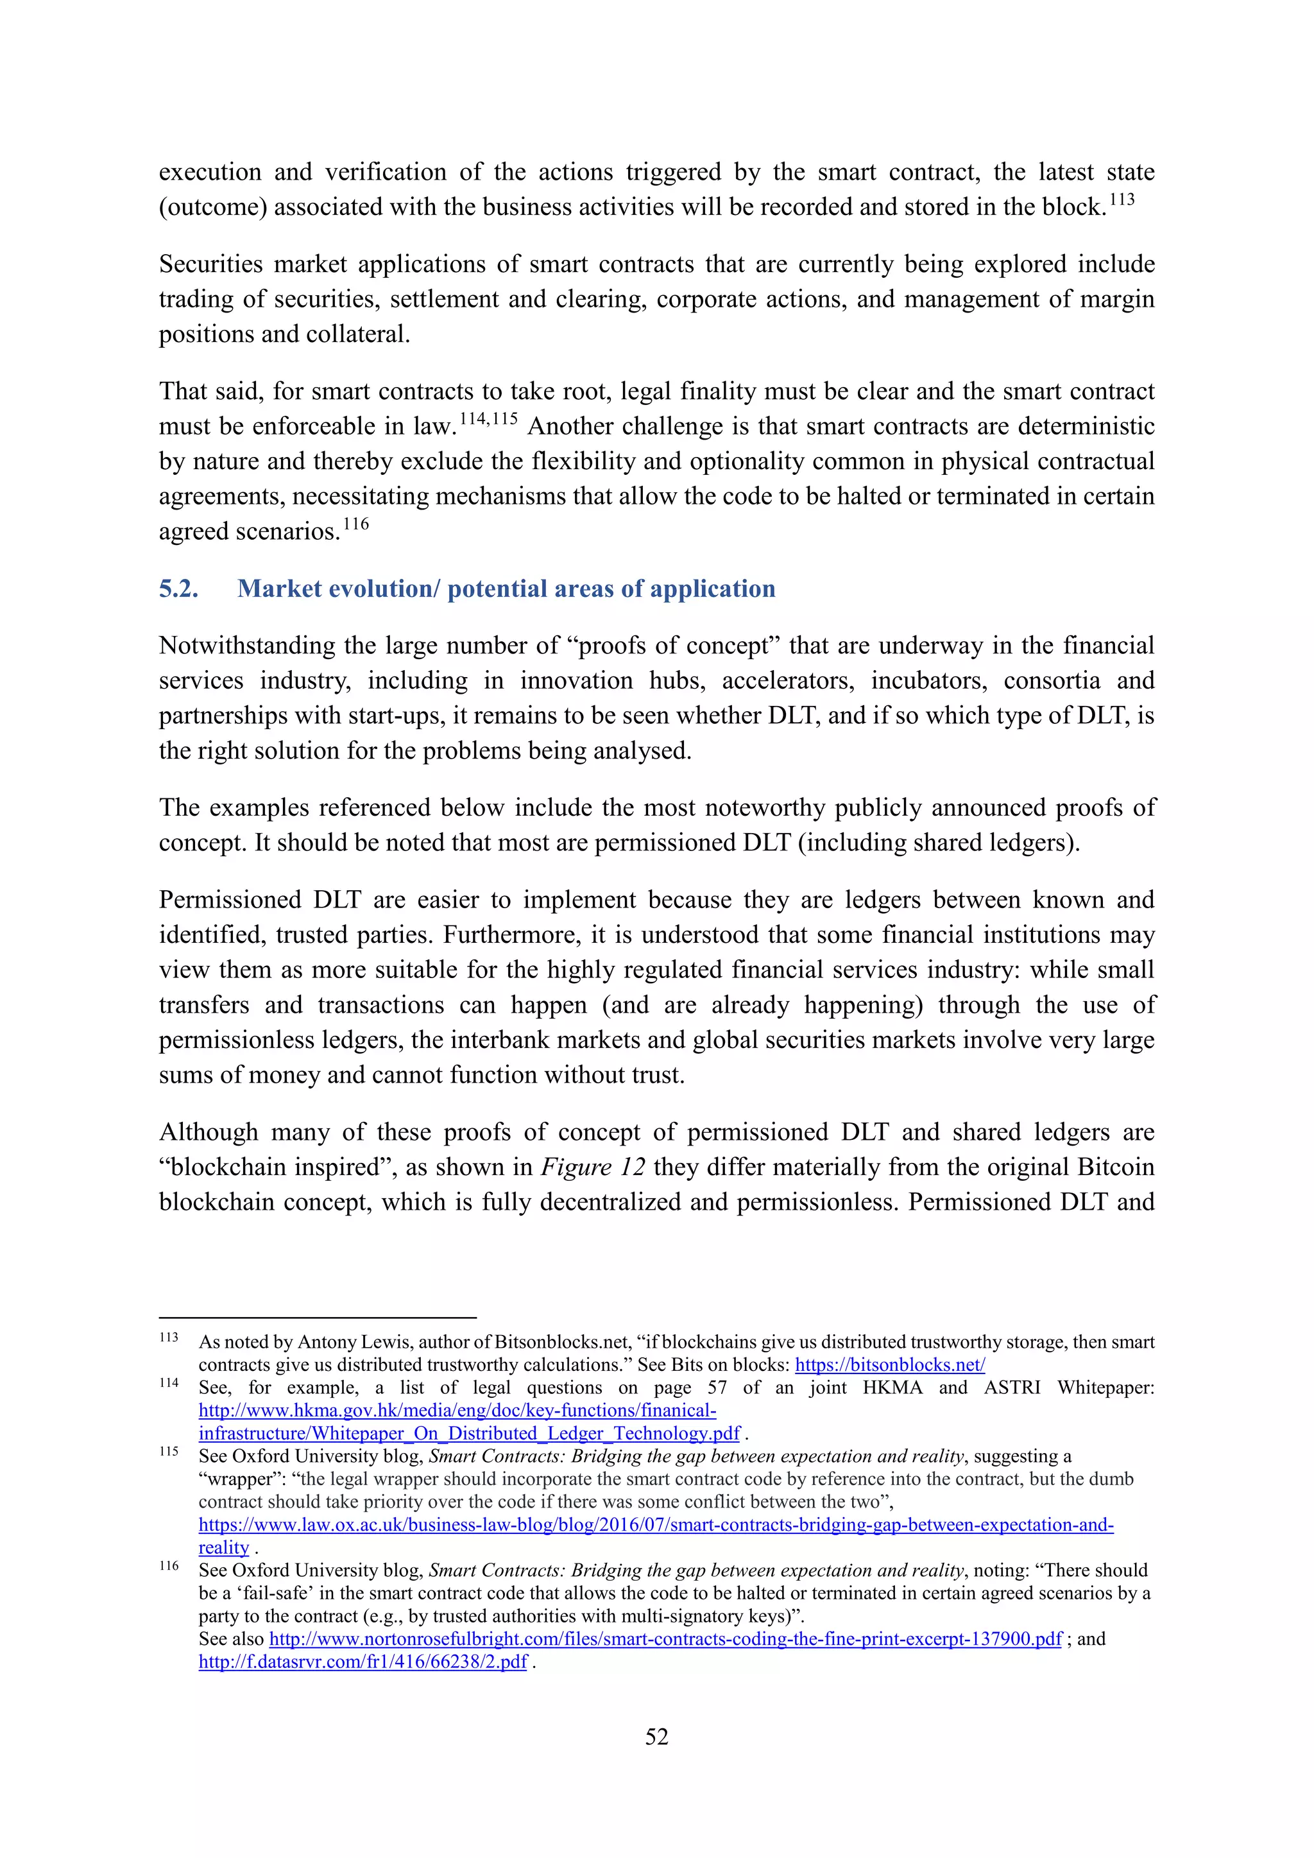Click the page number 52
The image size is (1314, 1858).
[656, 1737]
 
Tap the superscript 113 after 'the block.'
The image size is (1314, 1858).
[1122, 200]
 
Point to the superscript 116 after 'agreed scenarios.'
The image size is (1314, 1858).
[355, 524]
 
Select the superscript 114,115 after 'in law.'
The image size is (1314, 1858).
[488, 419]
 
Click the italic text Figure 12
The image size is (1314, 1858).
[592, 1167]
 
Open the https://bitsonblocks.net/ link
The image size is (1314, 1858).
[889, 1364]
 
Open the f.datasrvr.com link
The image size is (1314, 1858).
[363, 1662]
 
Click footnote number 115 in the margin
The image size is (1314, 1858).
[168, 1452]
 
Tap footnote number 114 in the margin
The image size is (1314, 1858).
[168, 1383]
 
